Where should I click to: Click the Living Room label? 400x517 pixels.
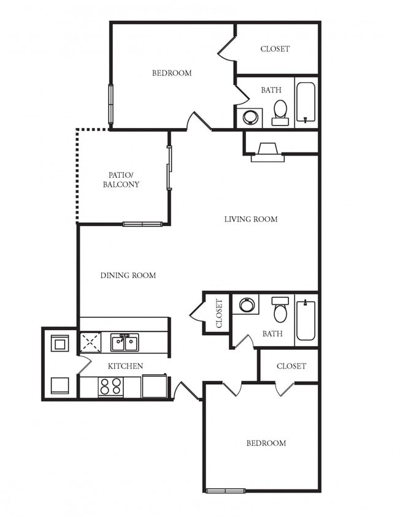251,219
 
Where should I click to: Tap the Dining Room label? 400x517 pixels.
128,275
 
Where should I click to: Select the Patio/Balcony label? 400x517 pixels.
121,179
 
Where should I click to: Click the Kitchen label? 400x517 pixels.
126,366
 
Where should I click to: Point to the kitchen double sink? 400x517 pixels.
125,342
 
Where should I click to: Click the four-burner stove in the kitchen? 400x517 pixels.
110,386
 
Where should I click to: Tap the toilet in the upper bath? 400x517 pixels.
280,113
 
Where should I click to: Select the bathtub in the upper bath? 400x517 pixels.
306,102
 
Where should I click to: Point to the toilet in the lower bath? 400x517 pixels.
280,309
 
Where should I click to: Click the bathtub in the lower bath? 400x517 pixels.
306,320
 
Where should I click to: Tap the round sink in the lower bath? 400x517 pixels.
247,304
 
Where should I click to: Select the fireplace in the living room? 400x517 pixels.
267,152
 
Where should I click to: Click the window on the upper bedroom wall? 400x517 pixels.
111,104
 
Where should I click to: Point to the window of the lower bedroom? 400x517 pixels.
226,491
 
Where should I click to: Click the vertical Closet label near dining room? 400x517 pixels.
219,313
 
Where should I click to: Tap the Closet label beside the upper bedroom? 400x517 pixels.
275,49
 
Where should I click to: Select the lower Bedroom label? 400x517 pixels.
266,443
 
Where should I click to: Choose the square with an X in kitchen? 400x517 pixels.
90,342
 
